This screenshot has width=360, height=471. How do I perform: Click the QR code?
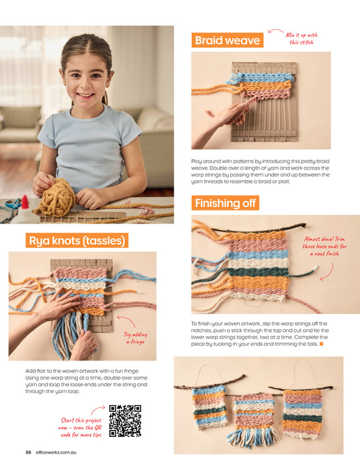(x=125, y=420)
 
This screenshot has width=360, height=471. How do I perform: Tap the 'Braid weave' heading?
(x=227, y=40)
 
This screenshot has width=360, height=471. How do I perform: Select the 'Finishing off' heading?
(x=225, y=203)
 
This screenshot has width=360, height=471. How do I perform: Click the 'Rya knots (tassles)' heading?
(x=77, y=240)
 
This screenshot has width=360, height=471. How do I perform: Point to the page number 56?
(x=28, y=452)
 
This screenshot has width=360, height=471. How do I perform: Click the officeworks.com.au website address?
(x=56, y=452)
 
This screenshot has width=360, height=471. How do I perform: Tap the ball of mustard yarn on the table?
(x=56, y=197)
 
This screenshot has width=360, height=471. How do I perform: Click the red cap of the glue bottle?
(x=24, y=202)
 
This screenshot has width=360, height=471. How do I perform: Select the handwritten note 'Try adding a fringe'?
(x=136, y=338)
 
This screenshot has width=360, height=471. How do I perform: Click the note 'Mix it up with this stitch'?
(x=302, y=38)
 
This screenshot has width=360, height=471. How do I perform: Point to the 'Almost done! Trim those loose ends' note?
(x=325, y=247)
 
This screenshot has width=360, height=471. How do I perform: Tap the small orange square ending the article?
(x=321, y=344)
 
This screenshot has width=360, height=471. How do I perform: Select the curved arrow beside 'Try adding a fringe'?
(x=126, y=321)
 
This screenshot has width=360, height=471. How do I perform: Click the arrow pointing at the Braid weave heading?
(x=275, y=31)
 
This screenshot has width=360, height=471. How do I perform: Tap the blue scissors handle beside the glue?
(x=13, y=204)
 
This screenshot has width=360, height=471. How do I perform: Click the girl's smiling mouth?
(x=85, y=96)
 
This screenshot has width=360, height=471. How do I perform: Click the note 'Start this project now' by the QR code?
(x=81, y=427)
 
